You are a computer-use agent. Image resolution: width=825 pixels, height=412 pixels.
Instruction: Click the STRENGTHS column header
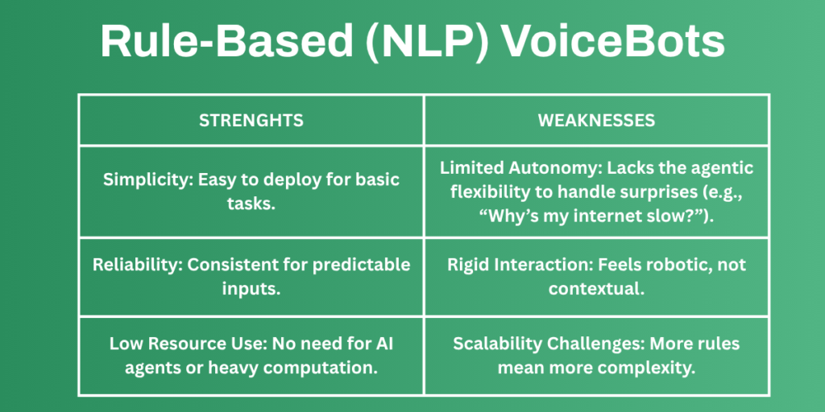[251, 121]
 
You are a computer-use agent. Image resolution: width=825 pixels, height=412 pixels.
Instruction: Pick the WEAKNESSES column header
[596, 121]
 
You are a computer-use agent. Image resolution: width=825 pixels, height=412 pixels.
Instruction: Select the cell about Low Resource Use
[251, 354]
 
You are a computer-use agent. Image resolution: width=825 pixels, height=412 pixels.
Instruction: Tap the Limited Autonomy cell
[596, 192]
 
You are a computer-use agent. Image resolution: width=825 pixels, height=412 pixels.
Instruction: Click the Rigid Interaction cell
[596, 276]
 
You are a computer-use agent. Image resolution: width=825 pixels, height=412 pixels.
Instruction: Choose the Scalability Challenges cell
[596, 354]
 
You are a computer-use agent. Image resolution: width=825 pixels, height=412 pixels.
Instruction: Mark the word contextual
[596, 287]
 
